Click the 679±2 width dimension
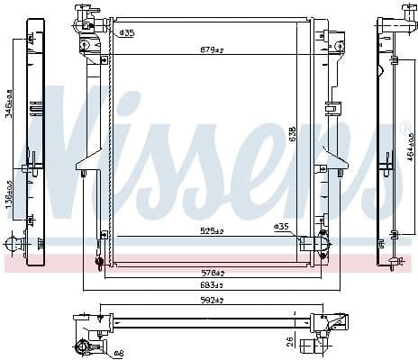tap(212, 49)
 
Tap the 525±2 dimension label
tap(212, 231)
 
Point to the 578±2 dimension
tap(212, 273)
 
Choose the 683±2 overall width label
tap(212, 286)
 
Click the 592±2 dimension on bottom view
tap(212, 301)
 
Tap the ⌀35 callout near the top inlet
tap(126, 33)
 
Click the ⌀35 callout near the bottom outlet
tap(281, 227)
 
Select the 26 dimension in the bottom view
tap(290, 341)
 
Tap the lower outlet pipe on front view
tap(315, 242)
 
